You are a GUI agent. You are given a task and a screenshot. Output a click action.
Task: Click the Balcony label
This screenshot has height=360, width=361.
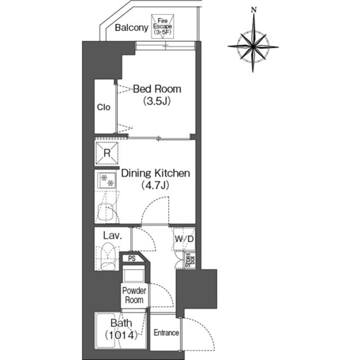[131, 28]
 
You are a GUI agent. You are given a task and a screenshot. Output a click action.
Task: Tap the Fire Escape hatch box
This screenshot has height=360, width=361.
[162, 26]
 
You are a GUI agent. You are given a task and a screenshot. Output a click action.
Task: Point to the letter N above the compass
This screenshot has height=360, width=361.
[254, 10]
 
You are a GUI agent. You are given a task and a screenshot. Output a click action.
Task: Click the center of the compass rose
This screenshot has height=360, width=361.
[253, 47]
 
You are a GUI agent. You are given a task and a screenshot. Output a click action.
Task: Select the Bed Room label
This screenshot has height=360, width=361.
[157, 89]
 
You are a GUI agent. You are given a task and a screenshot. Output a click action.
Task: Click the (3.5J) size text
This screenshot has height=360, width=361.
[157, 101]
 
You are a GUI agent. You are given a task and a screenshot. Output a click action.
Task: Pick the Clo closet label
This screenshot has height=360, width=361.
[104, 107]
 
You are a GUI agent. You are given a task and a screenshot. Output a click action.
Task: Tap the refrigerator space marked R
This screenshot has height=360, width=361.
[107, 153]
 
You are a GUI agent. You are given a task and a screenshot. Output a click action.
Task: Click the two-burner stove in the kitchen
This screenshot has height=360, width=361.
[107, 180]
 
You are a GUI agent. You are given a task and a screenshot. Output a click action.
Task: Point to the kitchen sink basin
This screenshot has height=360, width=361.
[106, 212]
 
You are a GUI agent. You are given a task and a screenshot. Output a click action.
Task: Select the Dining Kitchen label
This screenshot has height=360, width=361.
[156, 174]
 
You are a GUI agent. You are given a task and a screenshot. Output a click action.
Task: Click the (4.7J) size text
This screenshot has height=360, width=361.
[155, 185]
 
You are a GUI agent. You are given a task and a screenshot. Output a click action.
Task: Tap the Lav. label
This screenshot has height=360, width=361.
[112, 235]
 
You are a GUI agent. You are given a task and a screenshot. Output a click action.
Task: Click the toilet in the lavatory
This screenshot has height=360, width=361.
[108, 256]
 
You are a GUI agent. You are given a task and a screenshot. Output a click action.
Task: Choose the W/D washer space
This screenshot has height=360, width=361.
[184, 239]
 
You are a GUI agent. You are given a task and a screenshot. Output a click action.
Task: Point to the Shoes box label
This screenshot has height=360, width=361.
[190, 260]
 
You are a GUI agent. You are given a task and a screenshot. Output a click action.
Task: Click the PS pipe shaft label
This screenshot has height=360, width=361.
[132, 259]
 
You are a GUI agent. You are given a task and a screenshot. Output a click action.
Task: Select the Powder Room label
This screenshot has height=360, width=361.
[134, 295]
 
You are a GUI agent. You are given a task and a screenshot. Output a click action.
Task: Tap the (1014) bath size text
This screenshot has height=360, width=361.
[121, 335]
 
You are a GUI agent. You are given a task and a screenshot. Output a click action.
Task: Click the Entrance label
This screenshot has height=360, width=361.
[166, 332]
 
